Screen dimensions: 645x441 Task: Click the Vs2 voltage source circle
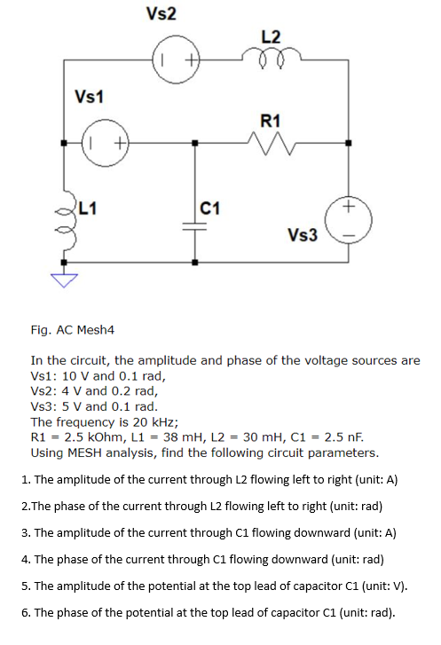(x=177, y=61)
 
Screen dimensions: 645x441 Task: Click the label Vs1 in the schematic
(x=90, y=96)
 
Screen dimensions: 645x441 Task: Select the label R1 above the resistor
(x=272, y=120)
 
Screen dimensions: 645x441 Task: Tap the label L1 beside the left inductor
(x=86, y=209)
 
